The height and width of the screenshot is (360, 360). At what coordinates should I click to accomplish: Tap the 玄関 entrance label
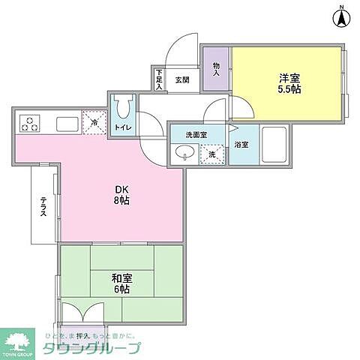[182, 79]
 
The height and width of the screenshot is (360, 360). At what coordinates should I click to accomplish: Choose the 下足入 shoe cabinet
[159, 78]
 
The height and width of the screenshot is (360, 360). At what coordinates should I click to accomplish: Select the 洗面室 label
[196, 135]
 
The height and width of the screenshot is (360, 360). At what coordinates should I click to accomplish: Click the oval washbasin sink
[184, 154]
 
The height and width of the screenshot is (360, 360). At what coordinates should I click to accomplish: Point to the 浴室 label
[241, 144]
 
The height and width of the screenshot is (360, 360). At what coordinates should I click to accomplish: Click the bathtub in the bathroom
[273, 147]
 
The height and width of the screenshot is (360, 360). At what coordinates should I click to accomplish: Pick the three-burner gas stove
[30, 122]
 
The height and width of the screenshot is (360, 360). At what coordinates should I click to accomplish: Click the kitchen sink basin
[64, 122]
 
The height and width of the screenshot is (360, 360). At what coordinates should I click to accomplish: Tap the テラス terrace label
[43, 206]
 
